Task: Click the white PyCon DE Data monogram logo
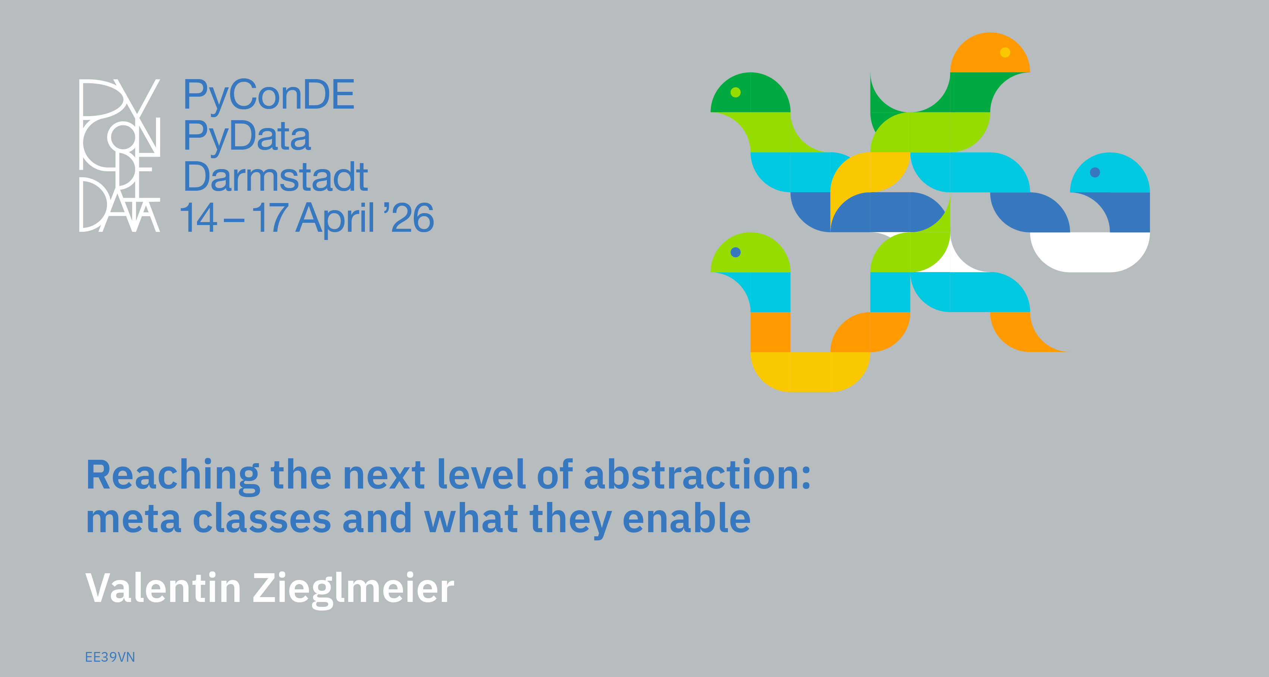[x=120, y=155]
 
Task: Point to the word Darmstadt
[x=275, y=177]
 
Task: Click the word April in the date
[x=335, y=219]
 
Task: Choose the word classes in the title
[x=262, y=518]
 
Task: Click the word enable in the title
[x=687, y=518]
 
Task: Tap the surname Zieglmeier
[x=353, y=590]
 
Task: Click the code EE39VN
[x=110, y=657]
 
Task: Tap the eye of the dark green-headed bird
[x=735, y=92]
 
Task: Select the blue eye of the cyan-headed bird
[x=1095, y=172]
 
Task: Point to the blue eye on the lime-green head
[x=735, y=252]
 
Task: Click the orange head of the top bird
[x=990, y=53]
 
